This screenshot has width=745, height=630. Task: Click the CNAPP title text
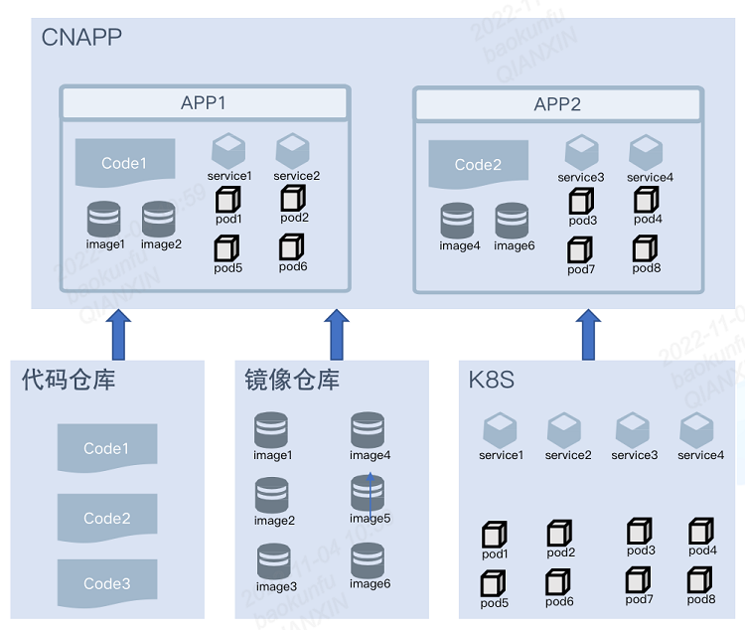tap(81, 39)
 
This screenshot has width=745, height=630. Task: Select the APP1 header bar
tap(205, 103)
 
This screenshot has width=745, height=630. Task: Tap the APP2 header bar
tap(557, 104)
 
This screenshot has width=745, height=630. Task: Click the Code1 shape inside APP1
tap(125, 163)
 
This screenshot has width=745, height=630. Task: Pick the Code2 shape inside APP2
tap(478, 164)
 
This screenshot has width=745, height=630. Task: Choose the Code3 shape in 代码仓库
tap(107, 583)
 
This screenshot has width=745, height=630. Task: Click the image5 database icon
tap(369, 493)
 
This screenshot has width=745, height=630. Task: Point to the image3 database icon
tap(275, 560)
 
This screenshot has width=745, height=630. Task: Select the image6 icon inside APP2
tap(513, 220)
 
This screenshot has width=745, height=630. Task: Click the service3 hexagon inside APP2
tap(581, 152)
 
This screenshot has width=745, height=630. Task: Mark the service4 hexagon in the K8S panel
tap(697, 430)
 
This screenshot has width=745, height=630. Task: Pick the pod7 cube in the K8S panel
tap(638, 578)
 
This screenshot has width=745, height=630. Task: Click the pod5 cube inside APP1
tap(227, 247)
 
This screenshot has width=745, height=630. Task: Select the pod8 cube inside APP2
tap(647, 247)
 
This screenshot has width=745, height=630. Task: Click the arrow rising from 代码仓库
tap(118, 334)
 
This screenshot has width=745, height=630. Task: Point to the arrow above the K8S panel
tap(589, 334)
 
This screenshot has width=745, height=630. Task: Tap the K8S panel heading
tap(492, 380)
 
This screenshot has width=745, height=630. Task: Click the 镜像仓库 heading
tap(292, 380)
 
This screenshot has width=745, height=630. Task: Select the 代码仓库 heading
tap(69, 380)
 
